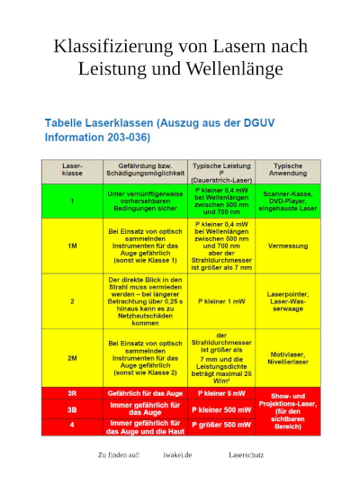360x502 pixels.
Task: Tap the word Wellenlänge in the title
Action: click(235, 68)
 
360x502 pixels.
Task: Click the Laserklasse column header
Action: click(72, 171)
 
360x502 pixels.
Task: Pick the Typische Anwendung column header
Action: click(287, 171)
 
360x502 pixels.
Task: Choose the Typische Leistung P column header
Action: click(220, 171)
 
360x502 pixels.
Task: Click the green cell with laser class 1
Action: click(72, 200)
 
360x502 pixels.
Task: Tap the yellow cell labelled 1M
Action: click(72, 245)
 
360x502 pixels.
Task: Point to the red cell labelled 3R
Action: click(72, 393)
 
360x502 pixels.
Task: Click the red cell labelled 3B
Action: click(72, 409)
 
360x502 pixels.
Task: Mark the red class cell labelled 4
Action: click(72, 426)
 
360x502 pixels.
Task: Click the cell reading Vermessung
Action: click(287, 245)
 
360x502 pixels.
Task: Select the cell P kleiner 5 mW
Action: click(220, 393)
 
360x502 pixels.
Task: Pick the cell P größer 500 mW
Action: click(220, 426)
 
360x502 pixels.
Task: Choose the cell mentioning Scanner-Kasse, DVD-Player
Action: click(287, 200)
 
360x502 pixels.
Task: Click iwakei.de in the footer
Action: click(177, 455)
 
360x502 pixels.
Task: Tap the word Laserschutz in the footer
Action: click(246, 455)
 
